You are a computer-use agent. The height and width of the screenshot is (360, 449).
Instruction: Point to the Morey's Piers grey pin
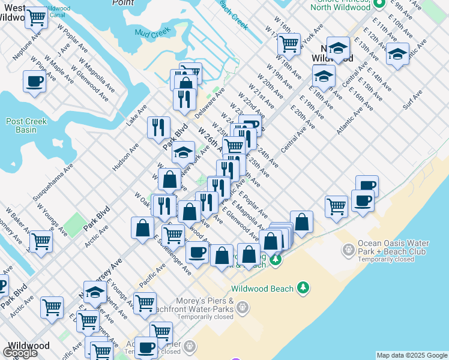(242, 308)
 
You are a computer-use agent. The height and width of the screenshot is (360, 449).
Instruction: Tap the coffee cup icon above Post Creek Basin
(35, 80)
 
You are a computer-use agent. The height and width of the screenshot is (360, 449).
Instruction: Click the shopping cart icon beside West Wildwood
(37, 17)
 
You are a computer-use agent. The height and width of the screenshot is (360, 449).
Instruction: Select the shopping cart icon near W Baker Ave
(41, 241)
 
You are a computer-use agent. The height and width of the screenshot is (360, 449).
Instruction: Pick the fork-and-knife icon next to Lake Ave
(158, 127)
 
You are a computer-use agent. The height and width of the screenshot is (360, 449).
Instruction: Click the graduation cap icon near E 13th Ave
(397, 53)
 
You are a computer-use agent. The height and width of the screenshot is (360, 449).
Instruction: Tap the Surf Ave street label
(413, 100)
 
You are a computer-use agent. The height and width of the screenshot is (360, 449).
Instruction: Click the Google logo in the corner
(20, 353)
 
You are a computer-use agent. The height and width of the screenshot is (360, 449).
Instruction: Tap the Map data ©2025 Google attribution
(411, 355)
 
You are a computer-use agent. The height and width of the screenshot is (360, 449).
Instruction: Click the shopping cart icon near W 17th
(289, 43)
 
